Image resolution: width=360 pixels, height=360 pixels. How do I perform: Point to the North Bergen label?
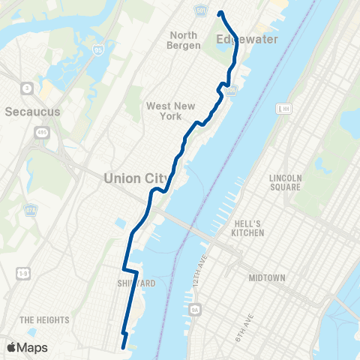(184, 40)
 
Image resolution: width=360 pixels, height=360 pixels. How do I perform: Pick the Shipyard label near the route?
(136, 283)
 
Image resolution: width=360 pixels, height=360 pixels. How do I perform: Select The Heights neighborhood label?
(44, 320)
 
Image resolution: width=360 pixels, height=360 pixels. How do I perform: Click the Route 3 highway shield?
(27, 88)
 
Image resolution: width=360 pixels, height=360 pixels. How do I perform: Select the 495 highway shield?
(40, 133)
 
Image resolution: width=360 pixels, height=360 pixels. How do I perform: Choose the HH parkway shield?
(283, 109)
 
